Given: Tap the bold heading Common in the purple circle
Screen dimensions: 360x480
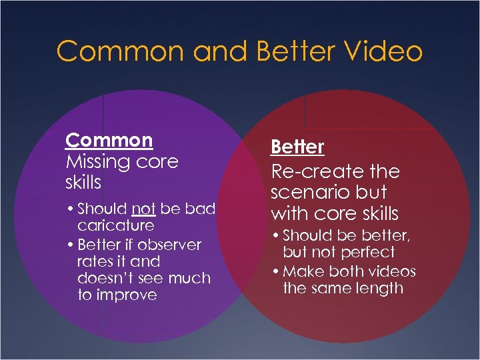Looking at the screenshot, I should [x=109, y=141].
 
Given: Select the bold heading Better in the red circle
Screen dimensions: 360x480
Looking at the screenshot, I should [x=297, y=147].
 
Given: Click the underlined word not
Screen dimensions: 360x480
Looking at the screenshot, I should [x=143, y=209].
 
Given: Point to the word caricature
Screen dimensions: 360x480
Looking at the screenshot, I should [x=115, y=226].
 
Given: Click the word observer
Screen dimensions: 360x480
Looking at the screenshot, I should [x=169, y=245].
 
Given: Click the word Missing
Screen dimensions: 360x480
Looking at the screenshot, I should [x=99, y=162].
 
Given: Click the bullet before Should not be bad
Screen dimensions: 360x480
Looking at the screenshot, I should [x=70, y=209].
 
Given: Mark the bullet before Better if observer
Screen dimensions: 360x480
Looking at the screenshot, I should [x=70, y=245].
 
